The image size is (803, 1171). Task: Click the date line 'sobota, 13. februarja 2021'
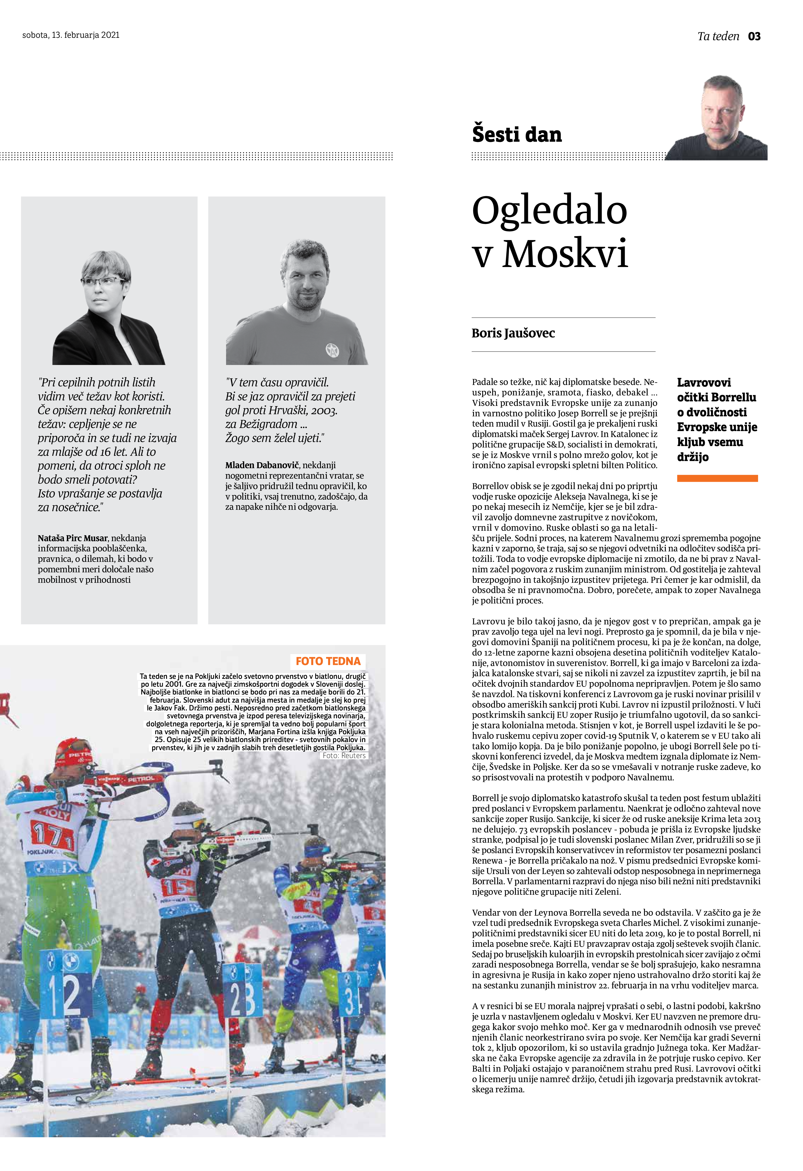[x=71, y=35]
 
